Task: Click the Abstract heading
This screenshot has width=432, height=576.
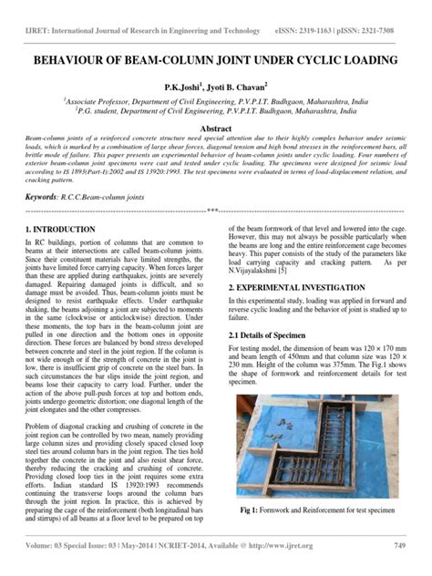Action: point(215,130)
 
